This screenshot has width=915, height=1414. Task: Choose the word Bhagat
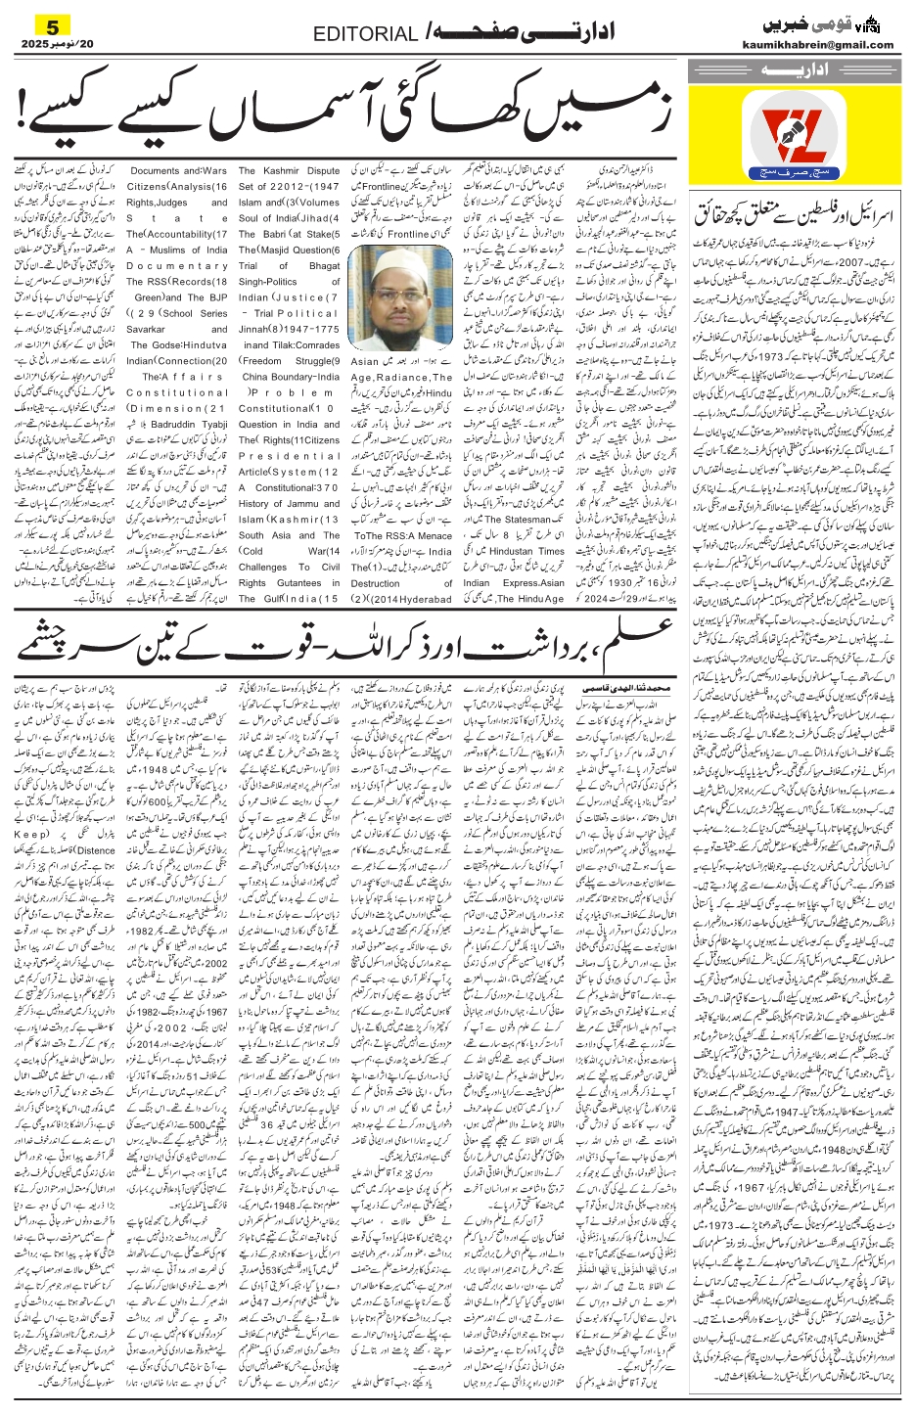coord(322,266)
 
